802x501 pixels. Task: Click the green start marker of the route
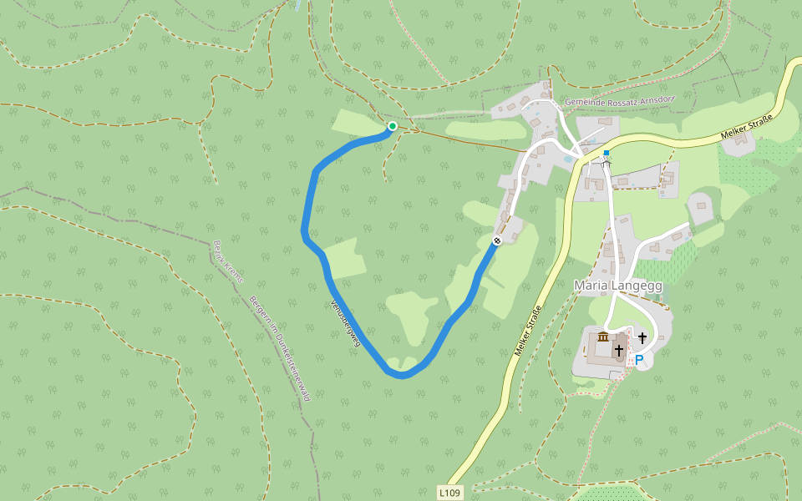click(392, 126)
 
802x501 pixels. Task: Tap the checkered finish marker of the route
click(496, 240)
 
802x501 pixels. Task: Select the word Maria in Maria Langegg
click(591, 286)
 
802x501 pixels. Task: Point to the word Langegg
click(638, 286)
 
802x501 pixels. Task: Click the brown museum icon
click(602, 337)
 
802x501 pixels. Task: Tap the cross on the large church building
click(619, 351)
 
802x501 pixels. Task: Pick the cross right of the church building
click(642, 337)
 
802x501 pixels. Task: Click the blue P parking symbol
click(639, 360)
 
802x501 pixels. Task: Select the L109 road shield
click(449, 493)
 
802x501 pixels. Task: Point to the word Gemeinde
click(585, 101)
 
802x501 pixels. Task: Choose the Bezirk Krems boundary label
click(227, 262)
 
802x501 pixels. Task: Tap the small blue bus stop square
click(607, 153)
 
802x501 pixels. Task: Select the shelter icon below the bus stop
click(607, 162)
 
